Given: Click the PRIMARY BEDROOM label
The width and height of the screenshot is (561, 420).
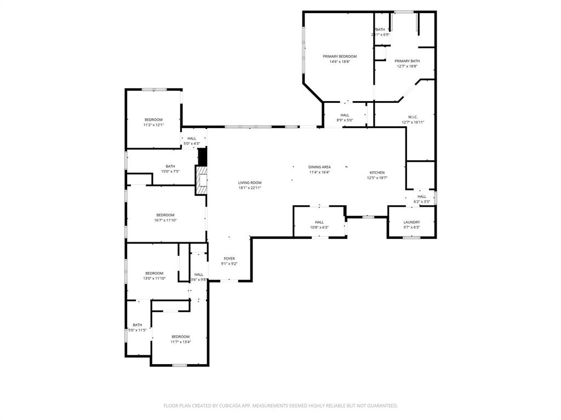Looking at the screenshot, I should point(340,56).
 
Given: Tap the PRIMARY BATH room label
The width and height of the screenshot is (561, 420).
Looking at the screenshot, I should point(407,61).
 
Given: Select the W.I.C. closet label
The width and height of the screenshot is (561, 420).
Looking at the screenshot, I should point(413,116).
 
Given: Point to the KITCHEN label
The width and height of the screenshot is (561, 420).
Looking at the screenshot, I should point(377,172).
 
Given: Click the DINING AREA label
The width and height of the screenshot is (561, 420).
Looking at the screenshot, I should point(319,167).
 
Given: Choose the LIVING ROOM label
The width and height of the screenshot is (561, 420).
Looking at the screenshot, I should point(249,183).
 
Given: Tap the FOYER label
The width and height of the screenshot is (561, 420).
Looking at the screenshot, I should point(229,258).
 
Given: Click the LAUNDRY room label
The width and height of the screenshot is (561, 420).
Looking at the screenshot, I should point(411,222).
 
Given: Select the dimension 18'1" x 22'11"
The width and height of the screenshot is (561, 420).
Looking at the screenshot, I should point(249,188).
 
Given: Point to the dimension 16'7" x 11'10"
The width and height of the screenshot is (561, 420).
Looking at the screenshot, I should point(165,220).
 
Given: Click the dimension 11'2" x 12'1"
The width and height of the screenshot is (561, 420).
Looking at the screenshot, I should point(153,125).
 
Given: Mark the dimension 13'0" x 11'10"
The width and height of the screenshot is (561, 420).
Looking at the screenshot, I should point(154,278).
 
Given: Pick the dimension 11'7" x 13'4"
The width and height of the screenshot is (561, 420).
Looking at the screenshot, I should point(180,342).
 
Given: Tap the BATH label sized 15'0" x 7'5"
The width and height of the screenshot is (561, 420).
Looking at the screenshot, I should point(170,166).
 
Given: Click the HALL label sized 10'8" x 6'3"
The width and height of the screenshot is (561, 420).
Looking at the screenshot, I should point(319,222).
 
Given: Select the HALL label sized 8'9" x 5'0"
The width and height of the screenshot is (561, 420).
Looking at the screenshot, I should point(345,115).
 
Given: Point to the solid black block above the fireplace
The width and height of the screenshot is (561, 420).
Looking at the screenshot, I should point(202,156).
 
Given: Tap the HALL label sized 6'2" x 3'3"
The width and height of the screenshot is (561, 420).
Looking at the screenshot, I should point(421,196).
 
